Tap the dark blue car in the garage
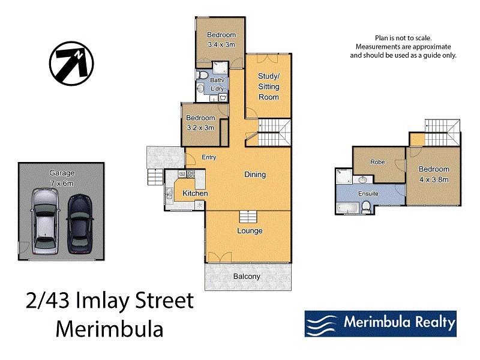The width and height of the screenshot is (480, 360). (x=80, y=223)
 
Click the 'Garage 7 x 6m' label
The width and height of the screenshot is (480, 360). (x=62, y=178)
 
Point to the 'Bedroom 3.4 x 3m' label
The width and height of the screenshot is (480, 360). (x=221, y=40)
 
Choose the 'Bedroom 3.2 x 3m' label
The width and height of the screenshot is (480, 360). (x=200, y=122)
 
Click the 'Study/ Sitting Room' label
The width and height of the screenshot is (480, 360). (x=268, y=86)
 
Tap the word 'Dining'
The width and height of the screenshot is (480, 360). (x=255, y=175)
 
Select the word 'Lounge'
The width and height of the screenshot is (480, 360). (x=250, y=230)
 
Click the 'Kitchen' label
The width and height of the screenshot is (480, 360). (x=195, y=194)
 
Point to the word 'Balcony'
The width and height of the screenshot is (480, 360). (x=247, y=277)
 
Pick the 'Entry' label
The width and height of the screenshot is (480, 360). (x=208, y=157)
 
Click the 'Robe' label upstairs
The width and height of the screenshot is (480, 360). (x=377, y=162)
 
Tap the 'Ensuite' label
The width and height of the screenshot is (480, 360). (x=368, y=194)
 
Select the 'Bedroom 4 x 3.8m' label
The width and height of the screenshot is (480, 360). (x=434, y=174)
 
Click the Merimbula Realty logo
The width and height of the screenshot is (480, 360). (x=380, y=323)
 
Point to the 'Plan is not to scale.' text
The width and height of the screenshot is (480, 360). (x=403, y=38)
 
